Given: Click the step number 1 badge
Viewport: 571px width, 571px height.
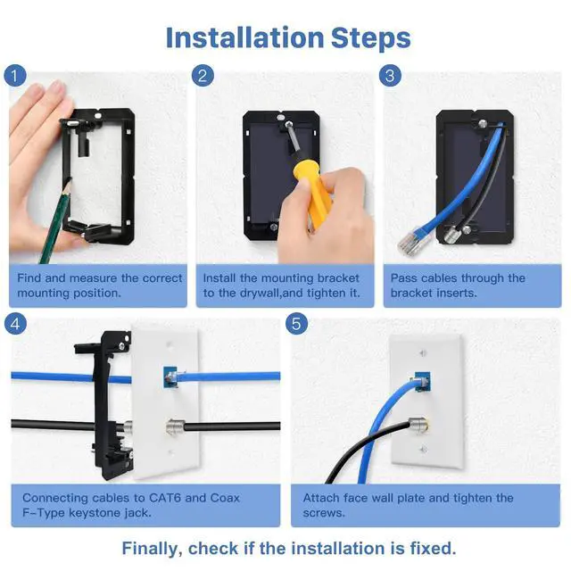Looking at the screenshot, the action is tap(15, 76).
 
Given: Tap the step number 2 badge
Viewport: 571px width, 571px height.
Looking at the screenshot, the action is tap(203, 76).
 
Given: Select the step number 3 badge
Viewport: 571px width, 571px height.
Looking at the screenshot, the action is tap(390, 76).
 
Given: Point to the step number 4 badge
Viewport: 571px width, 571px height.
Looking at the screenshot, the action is tap(15, 323).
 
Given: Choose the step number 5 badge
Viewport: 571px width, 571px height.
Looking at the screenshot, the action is tap(296, 323).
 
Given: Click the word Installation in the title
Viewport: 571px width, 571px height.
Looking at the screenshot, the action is tap(244, 37).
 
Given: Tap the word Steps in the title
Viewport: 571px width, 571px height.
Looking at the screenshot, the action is tap(371, 38).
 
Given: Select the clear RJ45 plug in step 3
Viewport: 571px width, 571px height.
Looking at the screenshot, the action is tap(413, 241).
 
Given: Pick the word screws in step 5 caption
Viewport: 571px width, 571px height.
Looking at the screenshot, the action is tap(324, 513).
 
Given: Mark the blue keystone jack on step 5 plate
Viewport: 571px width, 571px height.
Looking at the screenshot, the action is tap(422, 382).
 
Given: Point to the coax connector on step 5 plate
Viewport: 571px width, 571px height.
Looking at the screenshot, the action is tap(418, 424).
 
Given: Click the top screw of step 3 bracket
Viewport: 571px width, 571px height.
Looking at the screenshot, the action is tap(483, 123).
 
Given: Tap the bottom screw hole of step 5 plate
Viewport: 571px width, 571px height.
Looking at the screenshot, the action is tap(423, 450).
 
